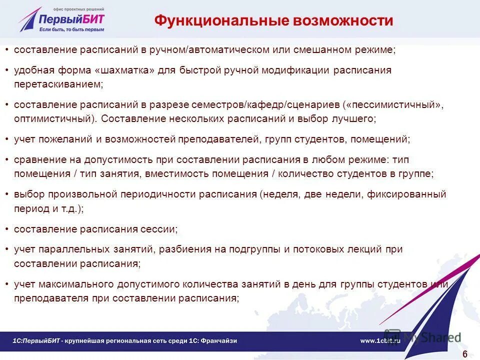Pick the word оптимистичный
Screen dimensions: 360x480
click(x=54, y=119)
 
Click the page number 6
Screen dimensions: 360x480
click(x=465, y=354)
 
